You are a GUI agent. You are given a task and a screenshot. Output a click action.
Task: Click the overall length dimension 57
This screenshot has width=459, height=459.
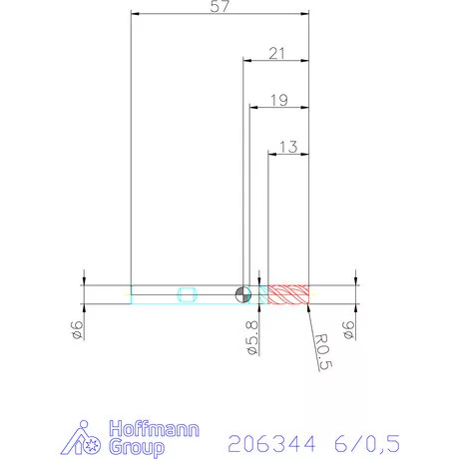point(221,8)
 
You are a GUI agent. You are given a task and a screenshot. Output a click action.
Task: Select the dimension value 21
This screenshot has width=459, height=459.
point(278,53)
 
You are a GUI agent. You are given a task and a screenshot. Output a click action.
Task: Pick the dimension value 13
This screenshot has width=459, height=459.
point(289,146)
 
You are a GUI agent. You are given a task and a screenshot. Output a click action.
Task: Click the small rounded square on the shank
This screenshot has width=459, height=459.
point(186,293)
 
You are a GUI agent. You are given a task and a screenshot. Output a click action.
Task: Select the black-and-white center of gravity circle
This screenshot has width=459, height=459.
point(241,293)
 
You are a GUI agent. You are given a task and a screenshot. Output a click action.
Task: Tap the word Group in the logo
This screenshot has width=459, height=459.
point(139,448)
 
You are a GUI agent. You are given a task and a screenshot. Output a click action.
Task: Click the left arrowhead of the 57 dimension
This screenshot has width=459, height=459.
point(135,15)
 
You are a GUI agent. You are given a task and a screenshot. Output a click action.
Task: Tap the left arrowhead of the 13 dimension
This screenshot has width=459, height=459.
point(273,154)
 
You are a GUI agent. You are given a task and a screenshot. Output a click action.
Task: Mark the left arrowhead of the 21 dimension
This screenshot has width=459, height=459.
point(246,61)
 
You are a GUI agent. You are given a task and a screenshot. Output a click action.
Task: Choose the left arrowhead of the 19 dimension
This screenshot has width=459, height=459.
point(251,107)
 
